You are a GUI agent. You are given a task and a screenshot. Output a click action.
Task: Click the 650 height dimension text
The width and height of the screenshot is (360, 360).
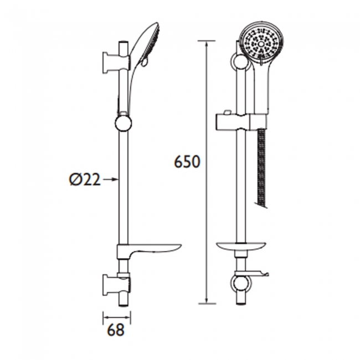pos(187,162)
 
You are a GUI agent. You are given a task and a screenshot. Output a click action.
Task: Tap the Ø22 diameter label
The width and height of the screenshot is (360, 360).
pos(85,179)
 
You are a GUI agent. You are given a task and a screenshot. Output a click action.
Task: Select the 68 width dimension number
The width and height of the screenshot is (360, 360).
pos(116,330)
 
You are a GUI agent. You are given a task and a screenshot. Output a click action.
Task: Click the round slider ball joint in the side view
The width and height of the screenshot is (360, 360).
pos(124,122)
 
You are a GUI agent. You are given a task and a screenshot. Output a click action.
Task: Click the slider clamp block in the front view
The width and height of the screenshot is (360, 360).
pos(241,120)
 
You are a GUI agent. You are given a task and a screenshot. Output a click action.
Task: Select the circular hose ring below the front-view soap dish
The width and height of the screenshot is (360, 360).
pos(240,284)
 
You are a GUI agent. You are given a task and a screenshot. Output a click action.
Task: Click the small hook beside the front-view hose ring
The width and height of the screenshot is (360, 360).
pos(263,273)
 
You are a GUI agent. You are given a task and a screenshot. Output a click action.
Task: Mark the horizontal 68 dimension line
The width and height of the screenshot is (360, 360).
pos(117,317)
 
